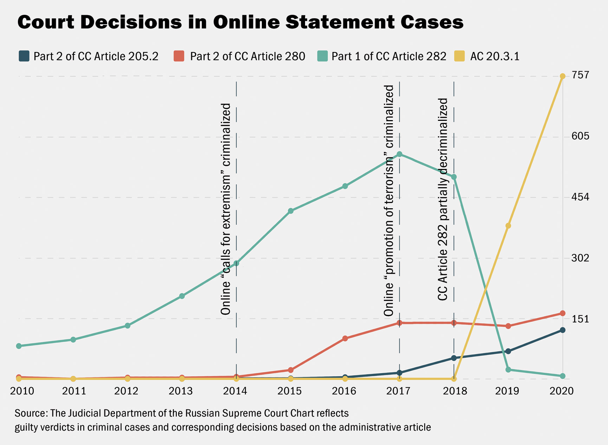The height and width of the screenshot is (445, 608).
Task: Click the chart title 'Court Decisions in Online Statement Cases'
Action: tap(240, 22)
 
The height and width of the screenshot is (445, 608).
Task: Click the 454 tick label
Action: tap(580, 197)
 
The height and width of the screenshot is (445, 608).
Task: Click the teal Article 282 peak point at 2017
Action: tap(399, 154)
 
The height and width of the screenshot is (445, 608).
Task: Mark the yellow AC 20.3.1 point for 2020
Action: tap(562, 76)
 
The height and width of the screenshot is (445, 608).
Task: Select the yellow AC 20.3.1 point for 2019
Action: tap(508, 226)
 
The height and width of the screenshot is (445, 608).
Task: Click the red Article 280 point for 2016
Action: tap(345, 339)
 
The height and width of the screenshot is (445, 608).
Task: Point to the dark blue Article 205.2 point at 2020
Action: tap(562, 330)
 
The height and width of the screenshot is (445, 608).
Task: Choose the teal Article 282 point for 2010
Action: tap(19, 346)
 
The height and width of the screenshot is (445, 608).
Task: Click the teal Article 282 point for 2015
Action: tap(291, 211)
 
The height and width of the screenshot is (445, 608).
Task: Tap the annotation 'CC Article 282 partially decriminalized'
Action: tap(443, 199)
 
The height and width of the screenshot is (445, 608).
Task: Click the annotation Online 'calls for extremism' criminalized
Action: tap(226, 209)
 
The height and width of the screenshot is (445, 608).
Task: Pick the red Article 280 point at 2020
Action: tap(562, 313)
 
